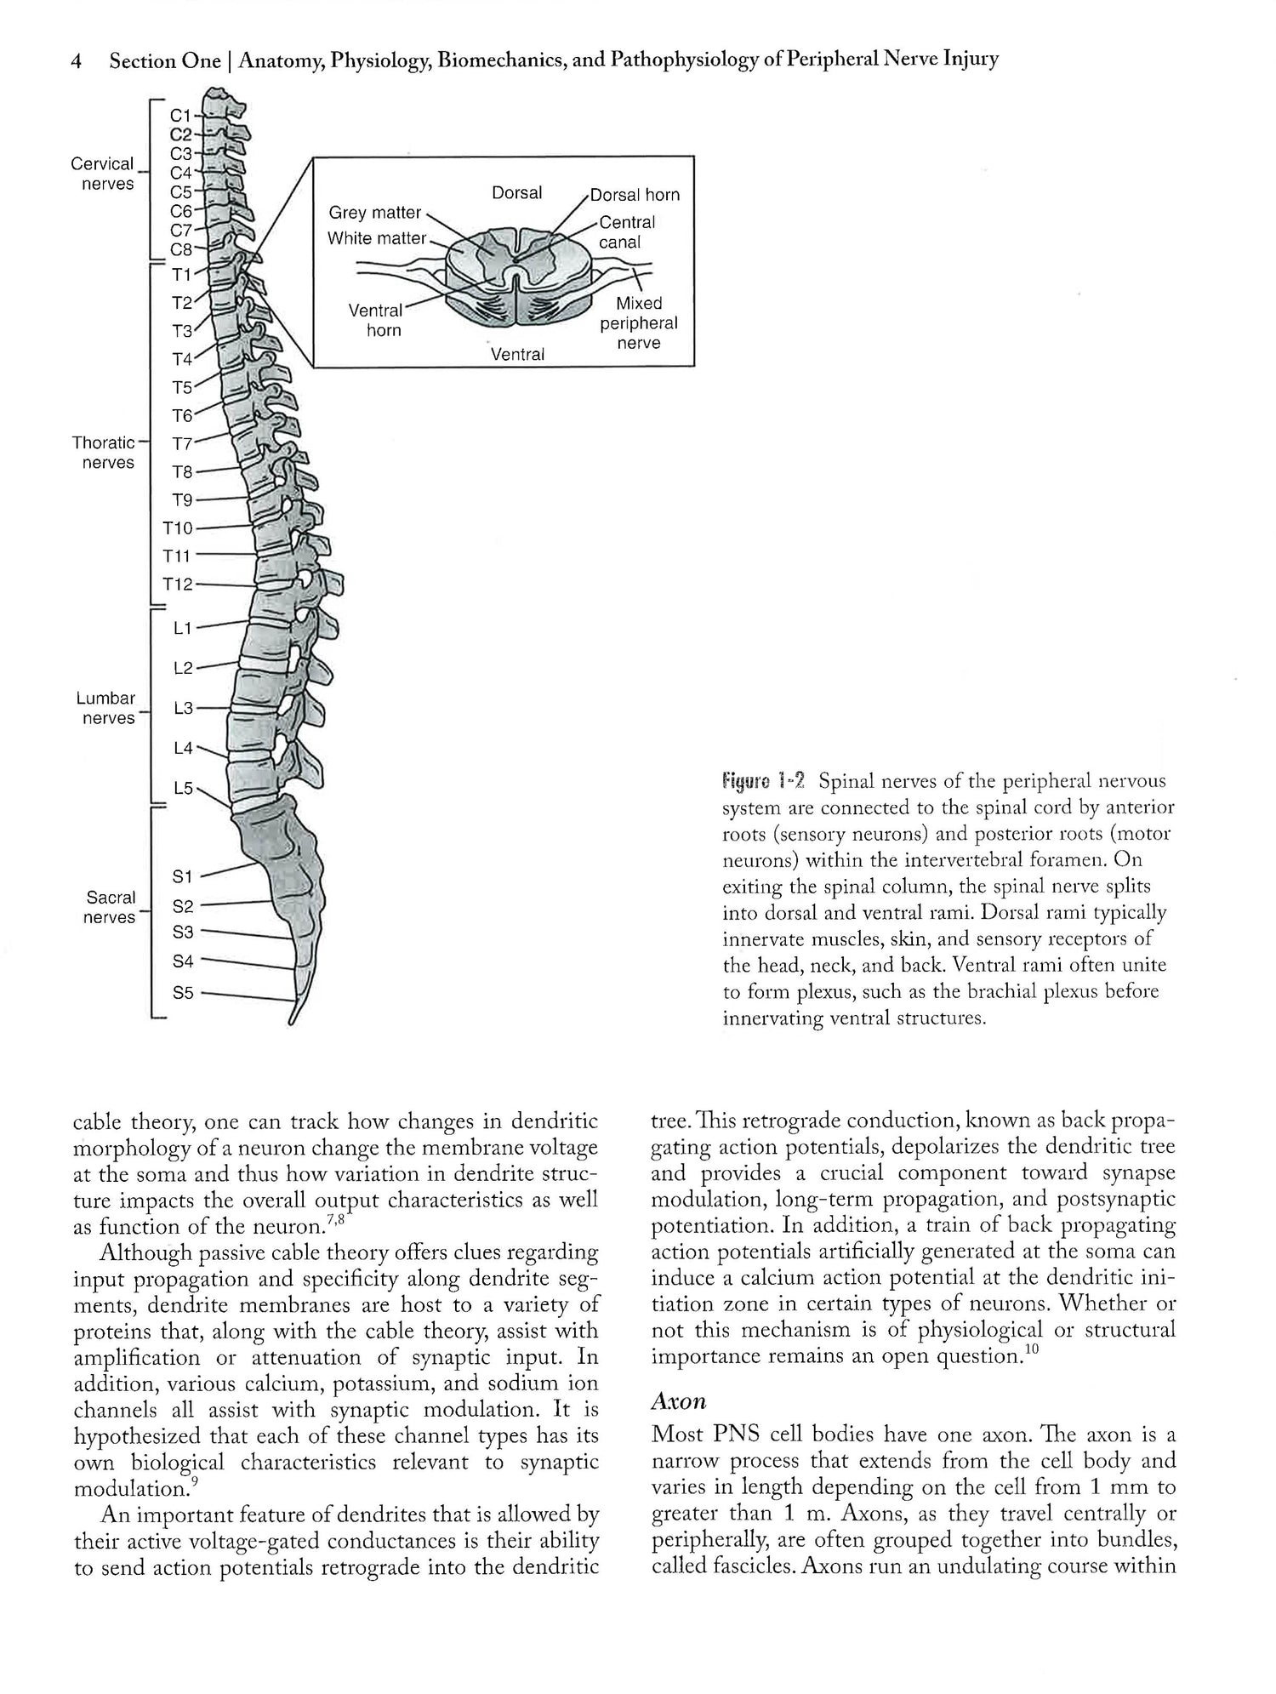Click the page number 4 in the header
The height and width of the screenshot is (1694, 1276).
tap(77, 61)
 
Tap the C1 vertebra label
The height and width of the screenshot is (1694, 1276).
tap(181, 115)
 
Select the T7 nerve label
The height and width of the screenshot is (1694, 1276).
tap(183, 443)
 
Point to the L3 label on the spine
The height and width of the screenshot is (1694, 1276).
tap(184, 708)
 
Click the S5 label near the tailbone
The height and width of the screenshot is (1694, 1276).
tap(184, 992)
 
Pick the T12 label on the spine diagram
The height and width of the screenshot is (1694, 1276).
tap(179, 585)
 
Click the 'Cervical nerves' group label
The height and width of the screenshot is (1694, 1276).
tap(103, 174)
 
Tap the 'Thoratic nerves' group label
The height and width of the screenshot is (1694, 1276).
tap(104, 453)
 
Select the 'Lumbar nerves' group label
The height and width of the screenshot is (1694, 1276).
tap(106, 708)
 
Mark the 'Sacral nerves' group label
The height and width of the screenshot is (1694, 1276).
tap(110, 907)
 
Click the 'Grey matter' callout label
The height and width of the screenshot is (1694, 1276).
tap(375, 213)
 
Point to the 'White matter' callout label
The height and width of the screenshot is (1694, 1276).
tap(377, 239)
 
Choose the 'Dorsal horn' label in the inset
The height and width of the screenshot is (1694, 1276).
tap(635, 195)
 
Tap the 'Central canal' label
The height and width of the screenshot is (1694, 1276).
tap(627, 232)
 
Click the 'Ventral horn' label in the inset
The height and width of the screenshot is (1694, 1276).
tap(375, 320)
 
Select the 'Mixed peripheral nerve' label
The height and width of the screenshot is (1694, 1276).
tap(639, 323)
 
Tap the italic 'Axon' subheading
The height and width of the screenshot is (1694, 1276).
tap(679, 1401)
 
